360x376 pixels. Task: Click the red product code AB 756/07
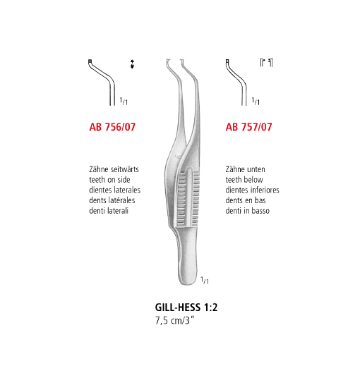[x=112, y=127]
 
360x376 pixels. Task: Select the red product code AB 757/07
[x=248, y=127]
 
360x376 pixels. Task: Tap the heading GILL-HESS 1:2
[x=186, y=308]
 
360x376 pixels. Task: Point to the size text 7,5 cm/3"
[x=174, y=320]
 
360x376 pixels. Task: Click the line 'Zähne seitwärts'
[x=114, y=169]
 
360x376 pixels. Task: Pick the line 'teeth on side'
[x=109, y=180]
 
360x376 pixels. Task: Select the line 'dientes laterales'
[x=115, y=190]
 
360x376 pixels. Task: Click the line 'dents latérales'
[x=112, y=200]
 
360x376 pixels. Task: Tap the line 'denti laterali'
[x=109, y=210]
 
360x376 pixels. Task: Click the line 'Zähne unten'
[x=245, y=169]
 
